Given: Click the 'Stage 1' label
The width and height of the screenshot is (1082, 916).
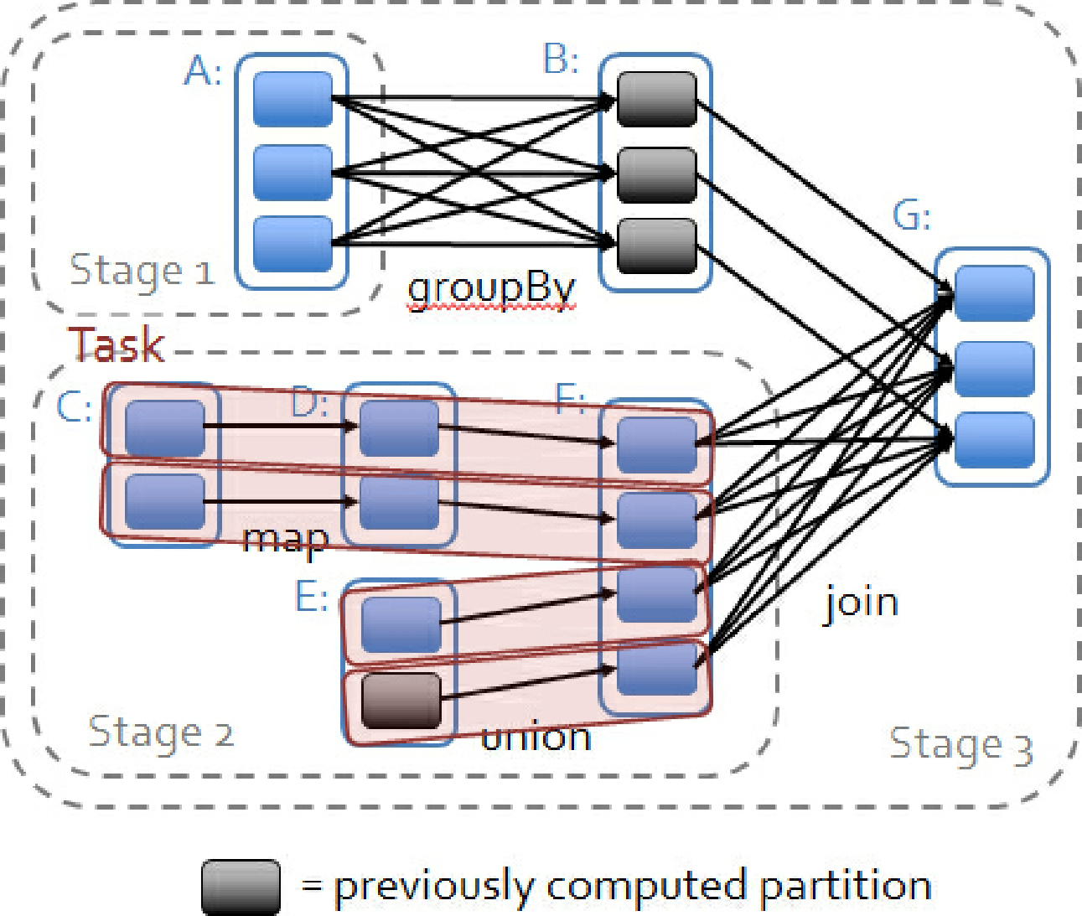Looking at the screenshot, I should point(141,271).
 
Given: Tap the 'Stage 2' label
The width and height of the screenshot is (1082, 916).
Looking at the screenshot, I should point(160,732).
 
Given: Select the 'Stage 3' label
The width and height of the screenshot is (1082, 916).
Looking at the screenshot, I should point(960,745).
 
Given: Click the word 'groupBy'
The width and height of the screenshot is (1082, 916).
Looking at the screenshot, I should point(491,290).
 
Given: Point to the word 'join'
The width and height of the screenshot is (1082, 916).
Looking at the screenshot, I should point(861,603).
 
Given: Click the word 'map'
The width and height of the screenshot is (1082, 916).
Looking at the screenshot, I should point(285,540).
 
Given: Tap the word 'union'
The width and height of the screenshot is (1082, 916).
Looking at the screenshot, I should point(536,737).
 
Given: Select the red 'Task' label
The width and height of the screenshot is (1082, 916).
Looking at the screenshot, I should point(116,344).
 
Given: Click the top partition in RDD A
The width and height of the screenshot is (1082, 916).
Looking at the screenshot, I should point(293,99).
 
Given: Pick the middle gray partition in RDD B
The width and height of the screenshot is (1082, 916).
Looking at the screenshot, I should point(656,175).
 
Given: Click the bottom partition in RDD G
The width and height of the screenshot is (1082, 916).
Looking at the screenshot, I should point(994,440).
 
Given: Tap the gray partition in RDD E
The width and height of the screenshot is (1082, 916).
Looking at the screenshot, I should point(401,700).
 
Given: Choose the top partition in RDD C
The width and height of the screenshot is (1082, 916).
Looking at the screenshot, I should point(164,428).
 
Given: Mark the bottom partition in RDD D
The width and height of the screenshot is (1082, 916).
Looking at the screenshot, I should point(399,504).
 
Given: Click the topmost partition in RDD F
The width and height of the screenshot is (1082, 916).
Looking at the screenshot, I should point(656,444).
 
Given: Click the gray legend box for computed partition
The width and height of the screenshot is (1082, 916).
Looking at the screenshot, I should point(241,887).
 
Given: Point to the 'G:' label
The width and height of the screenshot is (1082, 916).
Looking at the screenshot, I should point(911,216).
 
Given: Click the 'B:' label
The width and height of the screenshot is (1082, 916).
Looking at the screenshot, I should point(561,60).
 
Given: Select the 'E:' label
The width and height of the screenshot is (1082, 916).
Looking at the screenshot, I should point(311,598).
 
